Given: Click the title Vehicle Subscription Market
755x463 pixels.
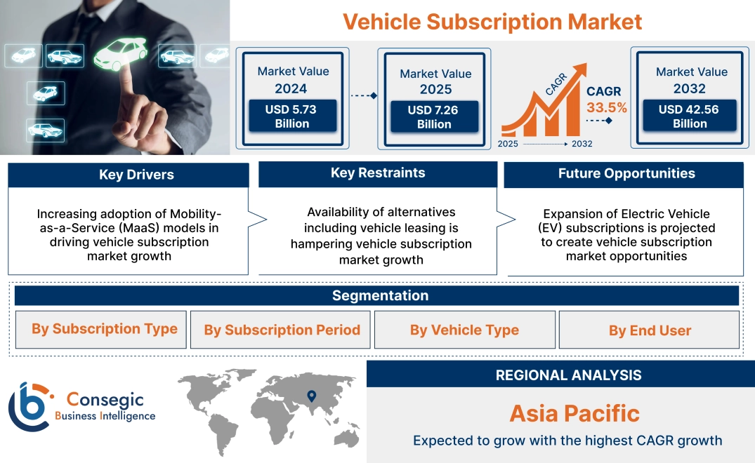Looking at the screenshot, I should click(x=492, y=22).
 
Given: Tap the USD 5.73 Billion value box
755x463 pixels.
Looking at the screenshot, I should click(x=291, y=116).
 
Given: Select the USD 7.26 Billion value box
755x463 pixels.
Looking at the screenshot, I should click(x=434, y=117).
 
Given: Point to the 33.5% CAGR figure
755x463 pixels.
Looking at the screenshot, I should click(x=606, y=108).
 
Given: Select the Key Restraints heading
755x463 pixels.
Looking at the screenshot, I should click(x=378, y=173).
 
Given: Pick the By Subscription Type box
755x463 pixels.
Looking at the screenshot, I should click(x=104, y=329).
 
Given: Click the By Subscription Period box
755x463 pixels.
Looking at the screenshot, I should click(x=282, y=330).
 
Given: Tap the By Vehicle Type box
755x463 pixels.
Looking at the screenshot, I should click(x=464, y=330).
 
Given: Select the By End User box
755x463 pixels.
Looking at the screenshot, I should click(x=650, y=330).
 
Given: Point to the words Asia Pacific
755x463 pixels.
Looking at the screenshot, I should click(x=575, y=413).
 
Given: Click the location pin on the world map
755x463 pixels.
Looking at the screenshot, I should click(x=312, y=397).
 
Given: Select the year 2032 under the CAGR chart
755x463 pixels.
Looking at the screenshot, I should click(x=582, y=144).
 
